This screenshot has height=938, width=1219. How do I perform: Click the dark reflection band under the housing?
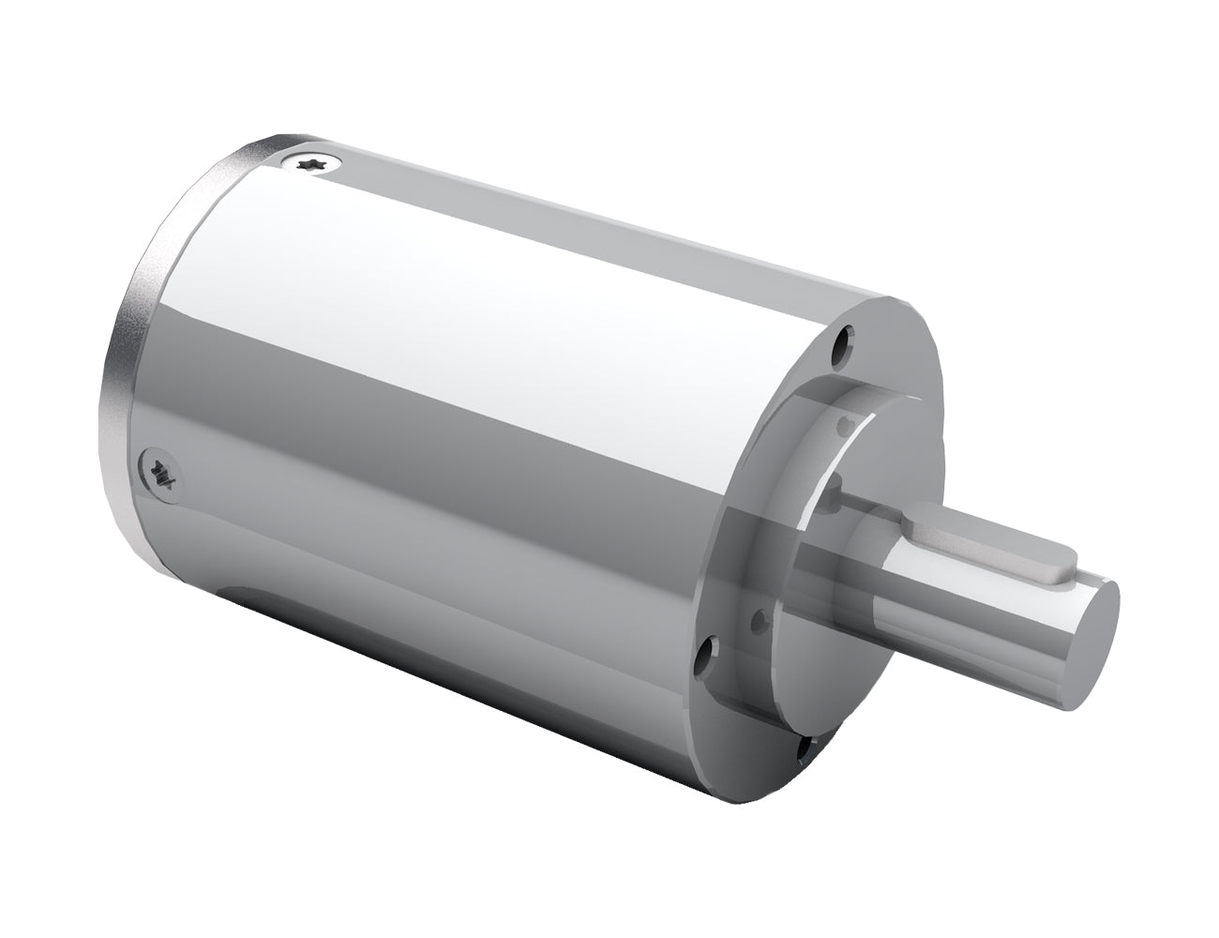[x=422, y=610]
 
